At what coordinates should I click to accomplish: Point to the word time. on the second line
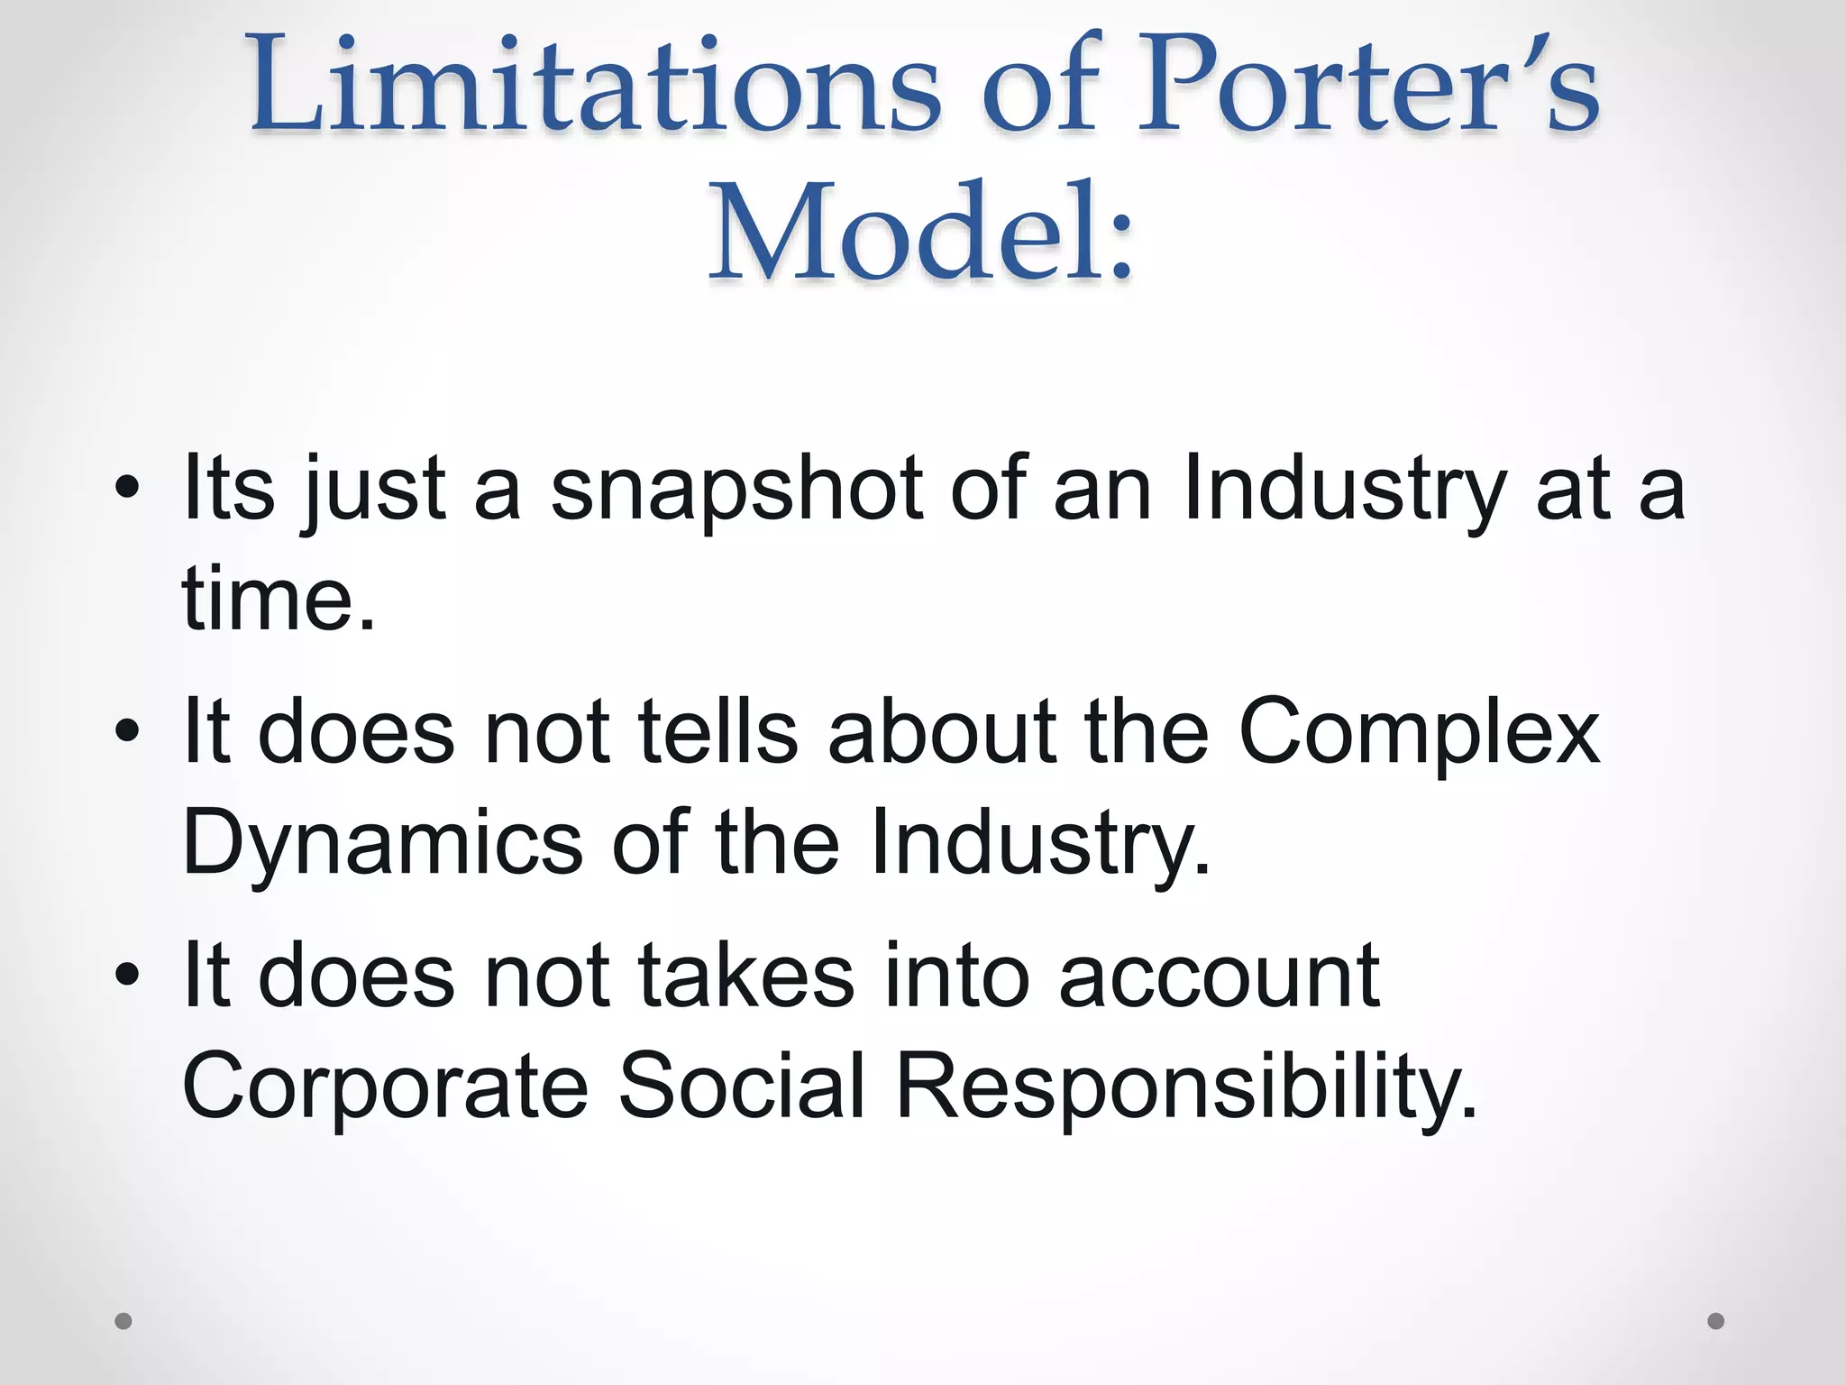coord(278,599)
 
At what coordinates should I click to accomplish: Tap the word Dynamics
coord(382,842)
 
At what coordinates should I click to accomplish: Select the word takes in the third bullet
coord(746,976)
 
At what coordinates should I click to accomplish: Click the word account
coord(1219,976)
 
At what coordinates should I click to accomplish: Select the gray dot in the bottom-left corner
coord(123,1321)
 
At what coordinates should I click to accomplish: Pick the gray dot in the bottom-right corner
coord(1716,1321)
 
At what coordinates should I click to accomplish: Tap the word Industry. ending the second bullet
coord(1040,842)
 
